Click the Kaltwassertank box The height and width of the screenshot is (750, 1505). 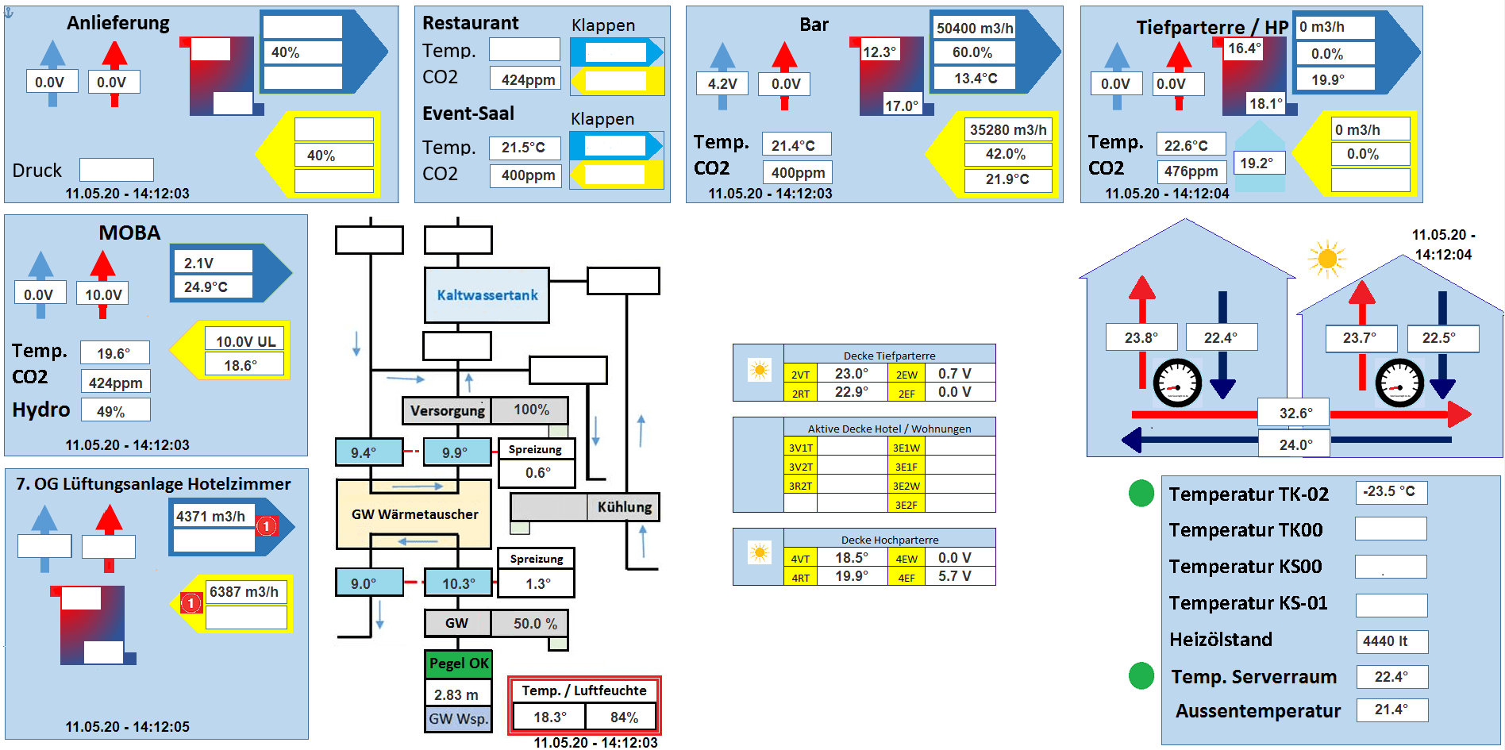pos(487,295)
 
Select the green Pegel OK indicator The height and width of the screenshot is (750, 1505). pos(459,663)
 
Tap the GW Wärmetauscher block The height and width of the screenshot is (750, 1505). pos(414,514)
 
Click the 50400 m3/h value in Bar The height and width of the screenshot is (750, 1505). pos(974,29)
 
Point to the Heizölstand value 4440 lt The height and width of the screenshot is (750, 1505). pos(1391,641)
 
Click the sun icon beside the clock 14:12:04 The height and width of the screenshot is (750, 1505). pos(1326,259)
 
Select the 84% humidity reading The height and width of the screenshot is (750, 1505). pos(623,717)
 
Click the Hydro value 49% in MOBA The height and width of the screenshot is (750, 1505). pos(115,411)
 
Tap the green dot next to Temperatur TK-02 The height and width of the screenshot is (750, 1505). pos(1141,494)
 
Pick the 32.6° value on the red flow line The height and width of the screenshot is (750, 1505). pos(1295,413)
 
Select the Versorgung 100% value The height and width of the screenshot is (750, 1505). pos(530,410)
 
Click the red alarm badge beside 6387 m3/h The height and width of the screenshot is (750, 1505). pos(191,603)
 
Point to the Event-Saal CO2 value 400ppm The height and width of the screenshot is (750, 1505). pos(527,175)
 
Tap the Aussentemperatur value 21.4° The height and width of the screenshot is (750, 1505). pos(1391,710)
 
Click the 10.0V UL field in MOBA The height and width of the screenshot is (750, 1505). pos(245,341)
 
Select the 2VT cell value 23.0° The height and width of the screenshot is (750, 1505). pos(851,373)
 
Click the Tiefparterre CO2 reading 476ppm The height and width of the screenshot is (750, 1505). pos(1191,171)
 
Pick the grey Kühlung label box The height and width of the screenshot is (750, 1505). pos(624,507)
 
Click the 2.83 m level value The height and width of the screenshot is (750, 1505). pos(457,694)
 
